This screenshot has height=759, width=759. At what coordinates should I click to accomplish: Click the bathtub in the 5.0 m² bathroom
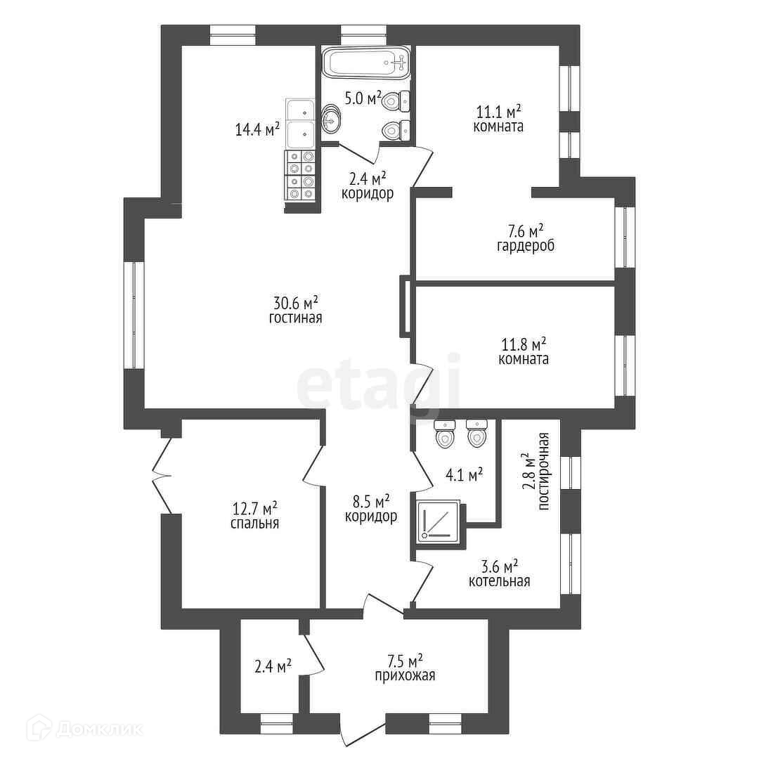366,63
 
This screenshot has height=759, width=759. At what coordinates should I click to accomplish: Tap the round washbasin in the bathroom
331,119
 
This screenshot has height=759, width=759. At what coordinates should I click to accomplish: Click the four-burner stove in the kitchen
301,176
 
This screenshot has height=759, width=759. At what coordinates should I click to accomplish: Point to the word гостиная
295,318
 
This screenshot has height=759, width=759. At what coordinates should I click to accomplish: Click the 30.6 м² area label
296,303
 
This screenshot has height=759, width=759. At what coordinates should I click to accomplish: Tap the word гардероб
526,246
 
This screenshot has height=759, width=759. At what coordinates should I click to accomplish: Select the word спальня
254,524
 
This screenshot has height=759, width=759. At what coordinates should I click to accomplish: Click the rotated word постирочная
543,471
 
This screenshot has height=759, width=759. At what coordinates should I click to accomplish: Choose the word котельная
499,581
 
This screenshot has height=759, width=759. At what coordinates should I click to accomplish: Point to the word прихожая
406,676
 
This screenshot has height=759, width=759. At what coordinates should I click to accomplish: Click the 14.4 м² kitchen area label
257,129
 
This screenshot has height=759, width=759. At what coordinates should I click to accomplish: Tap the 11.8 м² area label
524,344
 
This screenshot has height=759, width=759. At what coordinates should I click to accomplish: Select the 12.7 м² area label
255,509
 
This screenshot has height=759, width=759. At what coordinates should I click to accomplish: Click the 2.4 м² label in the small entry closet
273,667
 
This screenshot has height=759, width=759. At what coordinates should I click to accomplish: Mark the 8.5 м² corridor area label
371,501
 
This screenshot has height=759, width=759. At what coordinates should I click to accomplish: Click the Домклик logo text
99,729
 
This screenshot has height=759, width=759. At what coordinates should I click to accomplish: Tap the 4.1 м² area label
464,474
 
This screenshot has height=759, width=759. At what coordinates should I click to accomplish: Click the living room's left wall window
134,316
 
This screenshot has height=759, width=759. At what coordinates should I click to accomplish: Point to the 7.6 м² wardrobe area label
525,231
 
